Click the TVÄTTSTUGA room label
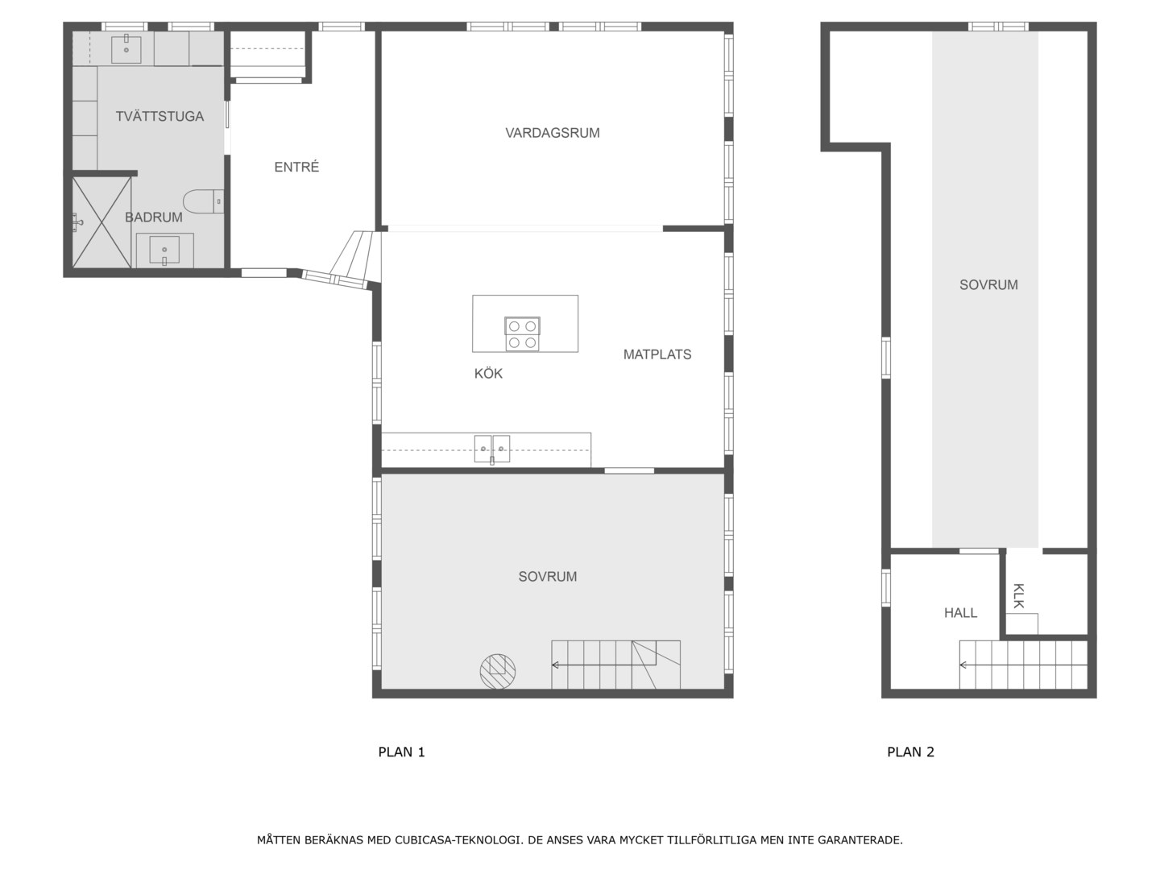(159, 116)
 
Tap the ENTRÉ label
(296, 167)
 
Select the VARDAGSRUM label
(553, 133)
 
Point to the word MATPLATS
(657, 354)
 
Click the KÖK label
(488, 374)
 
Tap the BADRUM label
(153, 217)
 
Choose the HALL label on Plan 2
(960, 613)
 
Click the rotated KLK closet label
(1019, 596)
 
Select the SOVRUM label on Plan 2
(988, 284)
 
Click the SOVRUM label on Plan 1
(548, 576)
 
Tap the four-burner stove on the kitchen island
(522, 333)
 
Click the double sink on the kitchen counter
(492, 449)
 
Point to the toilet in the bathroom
(204, 201)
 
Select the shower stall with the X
(101, 222)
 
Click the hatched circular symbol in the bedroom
(498, 671)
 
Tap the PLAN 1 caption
(402, 752)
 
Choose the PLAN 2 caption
(910, 752)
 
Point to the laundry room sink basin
(126, 50)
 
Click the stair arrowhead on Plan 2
(963, 665)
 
